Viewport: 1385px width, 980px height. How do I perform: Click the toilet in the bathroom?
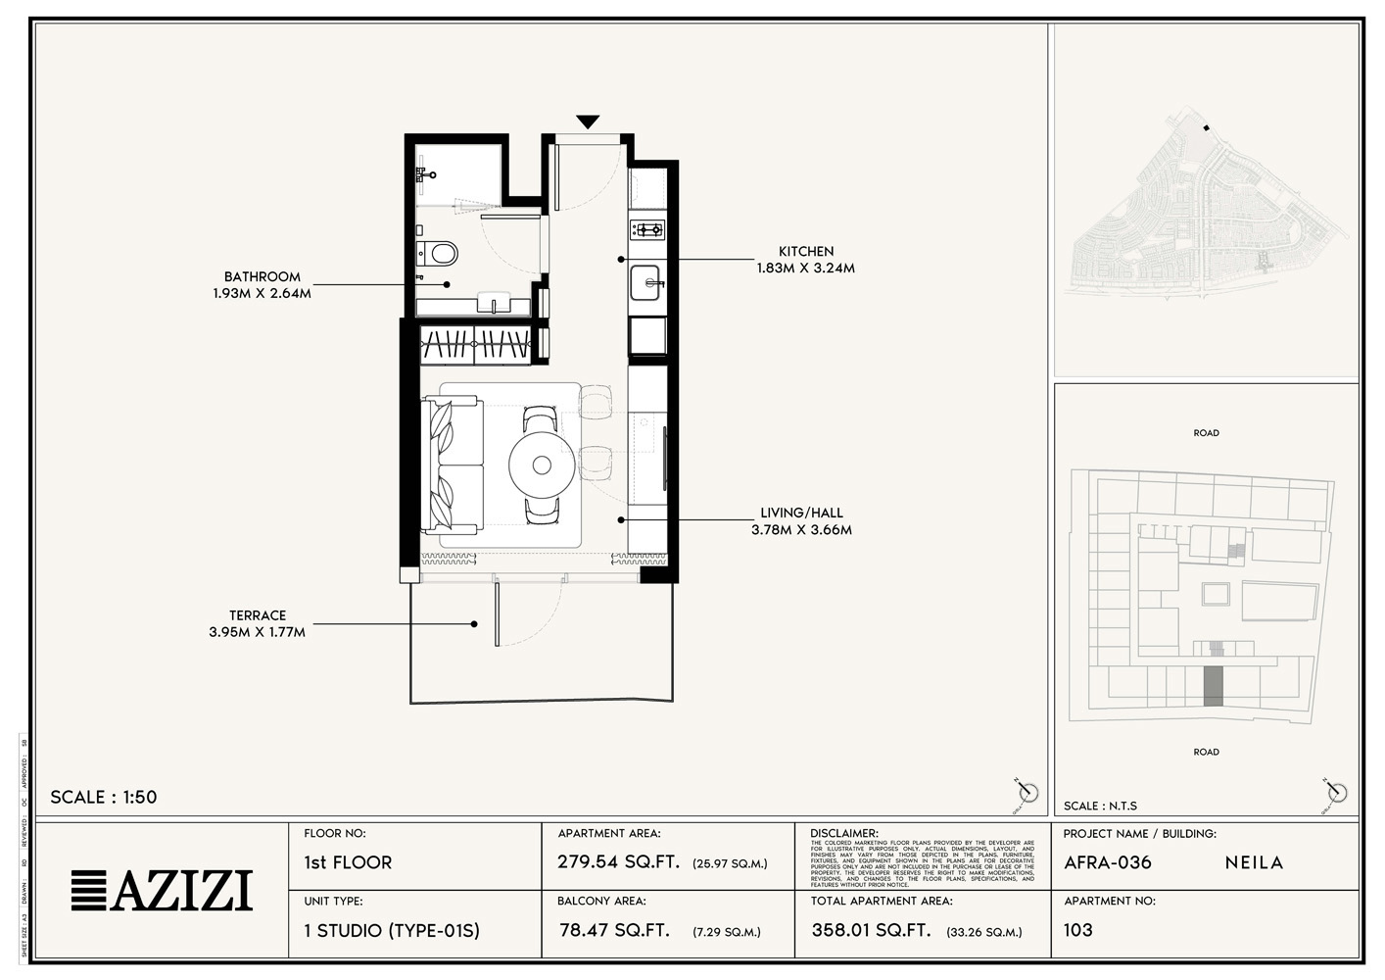(439, 255)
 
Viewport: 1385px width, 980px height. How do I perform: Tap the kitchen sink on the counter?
(645, 282)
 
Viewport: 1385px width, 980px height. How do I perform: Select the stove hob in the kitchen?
(646, 230)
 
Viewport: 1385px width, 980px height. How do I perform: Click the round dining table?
(542, 465)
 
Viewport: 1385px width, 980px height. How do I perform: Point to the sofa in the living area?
(452, 465)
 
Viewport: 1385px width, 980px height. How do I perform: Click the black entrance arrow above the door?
(587, 122)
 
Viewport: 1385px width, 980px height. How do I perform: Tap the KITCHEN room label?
(806, 251)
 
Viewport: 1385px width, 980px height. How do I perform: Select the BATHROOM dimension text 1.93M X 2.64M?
(262, 293)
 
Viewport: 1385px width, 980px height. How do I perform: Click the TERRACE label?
(258, 615)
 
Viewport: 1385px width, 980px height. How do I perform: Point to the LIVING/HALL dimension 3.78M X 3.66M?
(801, 530)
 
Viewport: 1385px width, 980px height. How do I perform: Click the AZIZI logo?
(162, 890)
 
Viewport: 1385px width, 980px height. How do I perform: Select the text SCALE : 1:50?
(104, 797)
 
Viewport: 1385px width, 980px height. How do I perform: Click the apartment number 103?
(1077, 930)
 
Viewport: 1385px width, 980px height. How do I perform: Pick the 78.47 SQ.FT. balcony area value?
(614, 930)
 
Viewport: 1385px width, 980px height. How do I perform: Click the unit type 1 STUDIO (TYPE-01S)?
(392, 930)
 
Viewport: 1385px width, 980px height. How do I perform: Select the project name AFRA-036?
(1108, 862)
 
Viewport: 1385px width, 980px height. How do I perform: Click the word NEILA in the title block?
(1254, 862)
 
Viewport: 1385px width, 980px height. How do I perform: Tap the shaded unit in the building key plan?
(1213, 686)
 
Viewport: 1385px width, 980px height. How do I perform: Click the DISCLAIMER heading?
(844, 833)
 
